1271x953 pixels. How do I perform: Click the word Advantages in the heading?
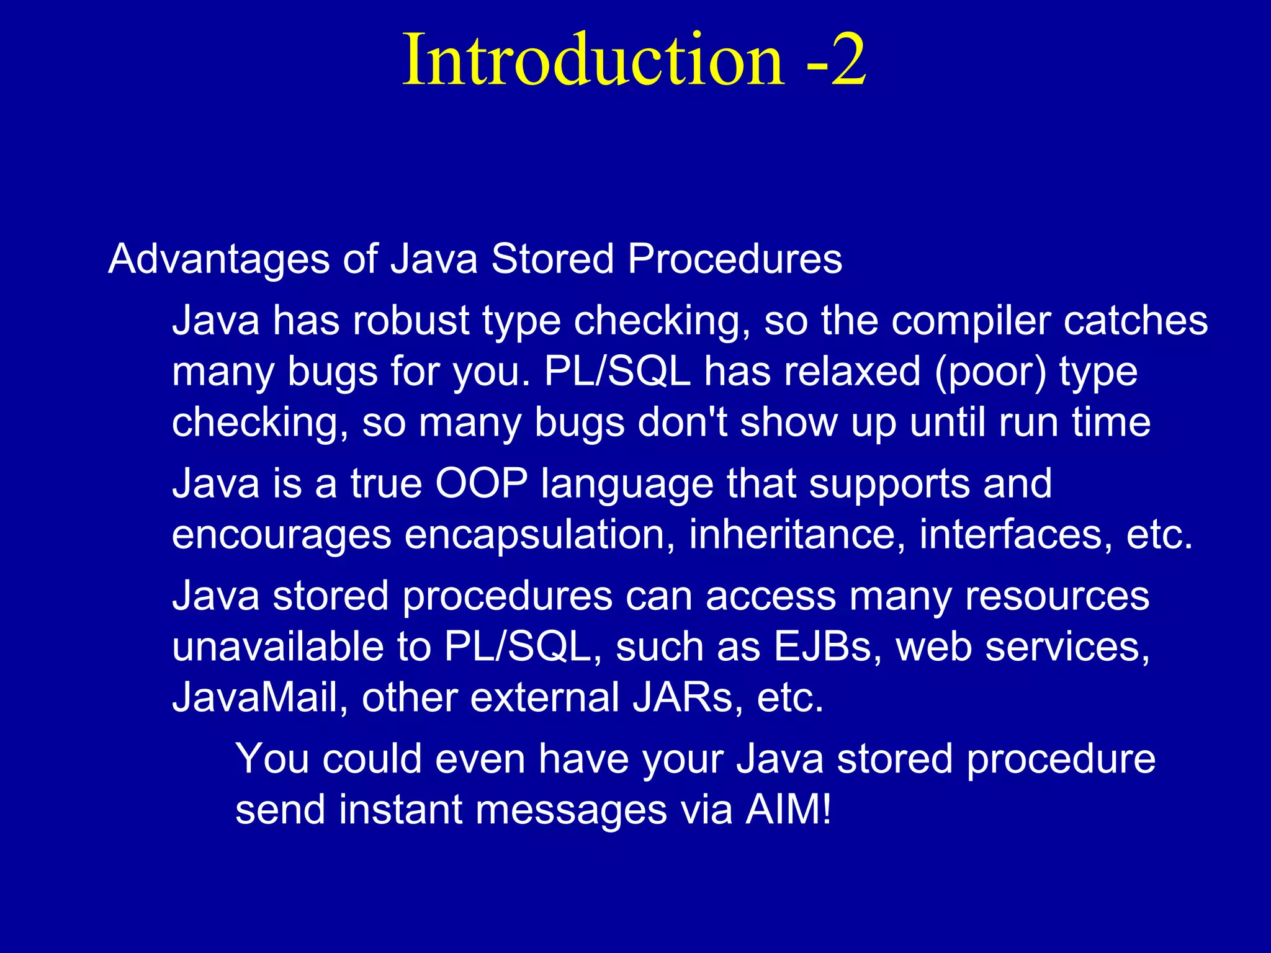click(218, 259)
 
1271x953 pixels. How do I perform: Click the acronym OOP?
click(482, 483)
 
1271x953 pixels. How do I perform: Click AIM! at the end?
click(788, 810)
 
